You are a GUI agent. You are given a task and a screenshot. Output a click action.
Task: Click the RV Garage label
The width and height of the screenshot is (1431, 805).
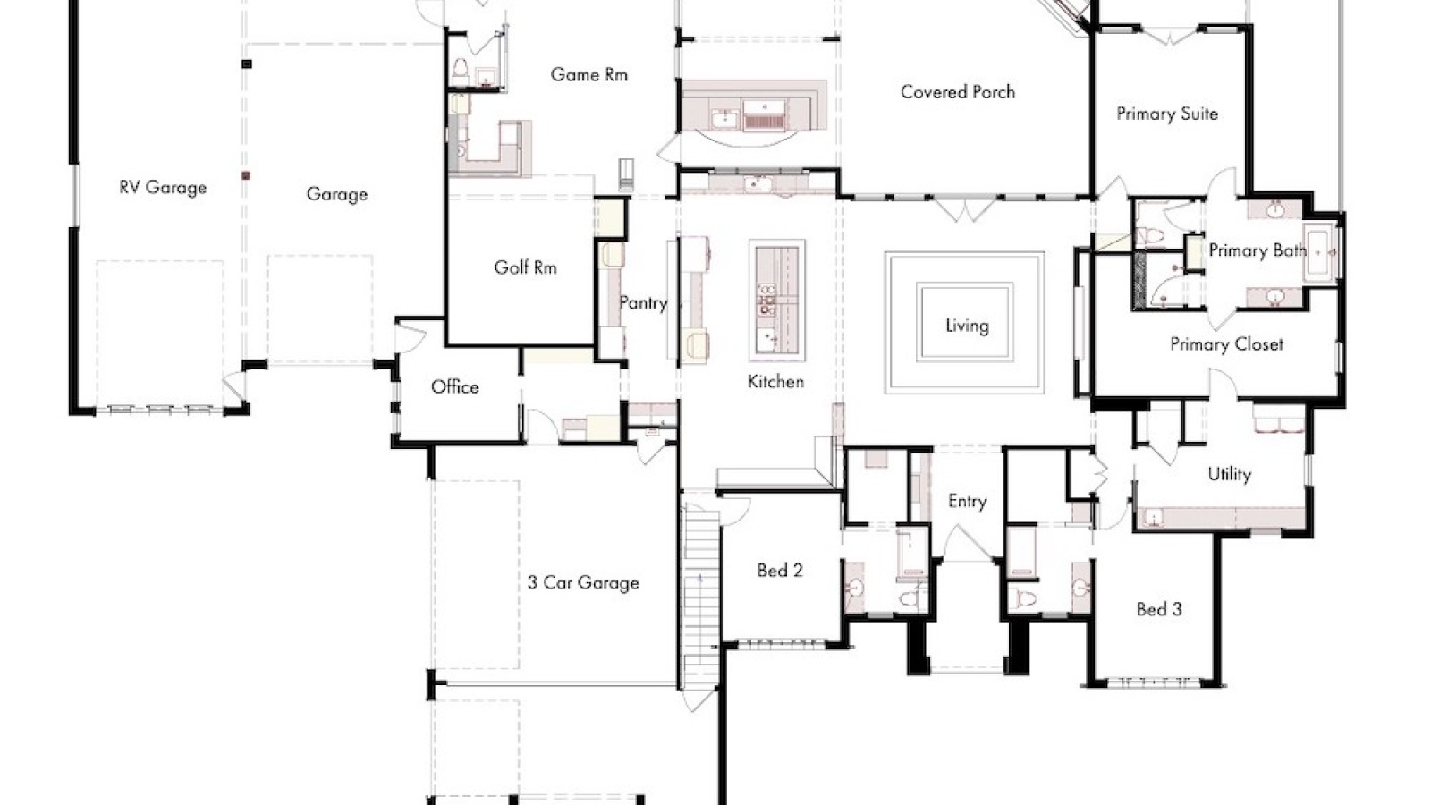(163, 188)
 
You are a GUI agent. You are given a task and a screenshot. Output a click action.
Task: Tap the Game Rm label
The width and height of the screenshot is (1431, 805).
(588, 75)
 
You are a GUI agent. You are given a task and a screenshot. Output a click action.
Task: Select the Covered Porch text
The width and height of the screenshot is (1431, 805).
(957, 92)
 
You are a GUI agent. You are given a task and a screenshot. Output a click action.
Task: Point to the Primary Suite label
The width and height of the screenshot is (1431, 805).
(1166, 114)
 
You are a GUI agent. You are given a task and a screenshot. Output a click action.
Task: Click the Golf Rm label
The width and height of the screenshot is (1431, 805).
(525, 267)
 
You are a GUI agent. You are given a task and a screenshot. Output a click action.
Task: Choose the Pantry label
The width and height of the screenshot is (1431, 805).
(643, 303)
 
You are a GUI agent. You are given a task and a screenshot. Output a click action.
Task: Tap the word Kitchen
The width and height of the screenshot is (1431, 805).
(775, 382)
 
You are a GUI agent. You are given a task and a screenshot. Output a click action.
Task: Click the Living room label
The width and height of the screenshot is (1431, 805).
(967, 326)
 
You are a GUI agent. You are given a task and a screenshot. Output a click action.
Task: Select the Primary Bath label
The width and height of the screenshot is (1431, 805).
(1257, 250)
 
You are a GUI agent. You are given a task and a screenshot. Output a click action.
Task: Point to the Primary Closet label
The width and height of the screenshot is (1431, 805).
(1226, 344)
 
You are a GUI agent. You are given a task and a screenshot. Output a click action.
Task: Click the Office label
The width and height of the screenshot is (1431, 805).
(454, 387)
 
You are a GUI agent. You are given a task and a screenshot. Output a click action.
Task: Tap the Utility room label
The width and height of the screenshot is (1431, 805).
(1229, 475)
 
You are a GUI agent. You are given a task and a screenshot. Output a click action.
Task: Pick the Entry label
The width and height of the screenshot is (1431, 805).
(967, 502)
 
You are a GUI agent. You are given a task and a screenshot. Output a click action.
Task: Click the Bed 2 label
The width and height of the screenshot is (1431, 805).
(780, 571)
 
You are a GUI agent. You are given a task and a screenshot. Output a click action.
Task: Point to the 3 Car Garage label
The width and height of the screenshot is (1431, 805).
(583, 583)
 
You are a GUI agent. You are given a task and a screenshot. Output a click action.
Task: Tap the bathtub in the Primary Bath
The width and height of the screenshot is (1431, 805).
(1320, 256)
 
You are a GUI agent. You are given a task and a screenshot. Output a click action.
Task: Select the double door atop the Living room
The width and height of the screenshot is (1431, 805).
(964, 210)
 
